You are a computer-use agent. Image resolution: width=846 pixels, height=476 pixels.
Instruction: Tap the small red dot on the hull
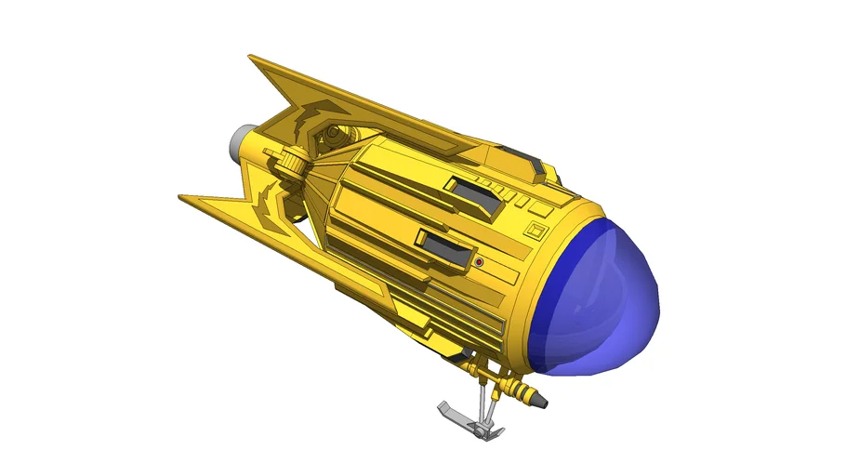(x=479, y=263)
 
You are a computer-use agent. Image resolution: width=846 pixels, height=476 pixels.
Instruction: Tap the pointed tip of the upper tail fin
(x=252, y=58)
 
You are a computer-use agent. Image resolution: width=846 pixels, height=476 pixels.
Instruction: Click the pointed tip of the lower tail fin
(x=181, y=197)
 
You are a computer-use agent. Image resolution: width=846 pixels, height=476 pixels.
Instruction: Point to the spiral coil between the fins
(x=330, y=139)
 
